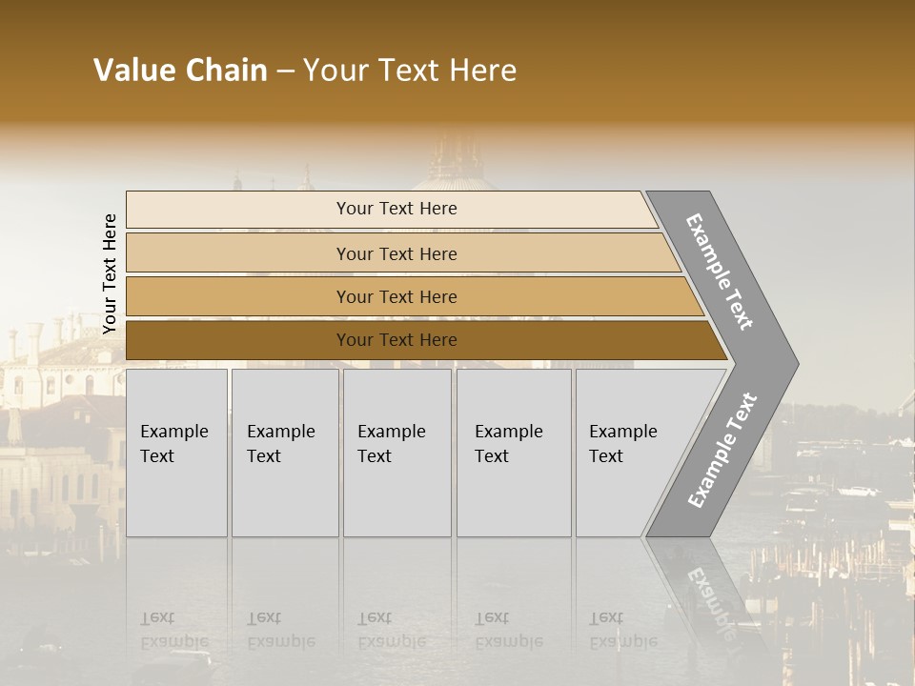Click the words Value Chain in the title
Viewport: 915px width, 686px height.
tap(180, 71)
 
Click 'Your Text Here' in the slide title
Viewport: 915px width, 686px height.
tap(410, 71)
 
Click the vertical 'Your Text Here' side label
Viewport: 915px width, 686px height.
tap(110, 273)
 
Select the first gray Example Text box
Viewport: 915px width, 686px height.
tap(176, 453)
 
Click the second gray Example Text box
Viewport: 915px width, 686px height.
tap(285, 453)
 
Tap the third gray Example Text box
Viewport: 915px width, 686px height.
tap(396, 453)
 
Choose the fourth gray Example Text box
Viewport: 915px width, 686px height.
tap(514, 453)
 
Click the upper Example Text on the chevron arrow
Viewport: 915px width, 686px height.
tap(720, 272)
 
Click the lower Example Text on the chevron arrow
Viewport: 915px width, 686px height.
tap(722, 451)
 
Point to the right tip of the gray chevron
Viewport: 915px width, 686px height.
tap(796, 363)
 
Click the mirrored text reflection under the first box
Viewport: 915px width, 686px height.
tap(174, 630)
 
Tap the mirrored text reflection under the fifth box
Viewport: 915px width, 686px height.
tap(623, 630)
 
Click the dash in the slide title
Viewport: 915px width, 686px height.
tap(285, 71)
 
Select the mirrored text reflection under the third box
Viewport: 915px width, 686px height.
tap(392, 630)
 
